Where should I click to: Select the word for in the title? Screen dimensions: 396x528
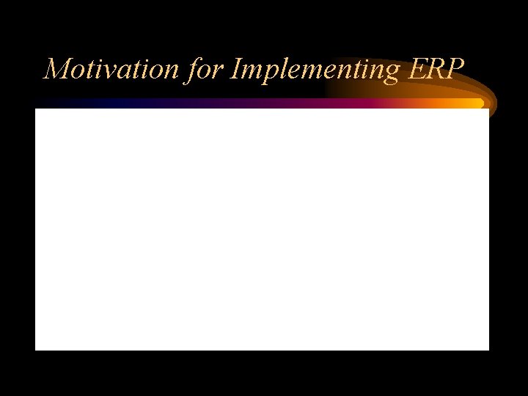coord(205,69)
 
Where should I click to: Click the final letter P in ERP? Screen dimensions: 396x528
coord(455,69)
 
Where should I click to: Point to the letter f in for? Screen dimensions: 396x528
coord(193,70)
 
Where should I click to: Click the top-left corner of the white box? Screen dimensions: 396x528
coord(36,109)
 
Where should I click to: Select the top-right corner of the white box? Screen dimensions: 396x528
coord(488,109)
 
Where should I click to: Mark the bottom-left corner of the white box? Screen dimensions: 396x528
coord(36,349)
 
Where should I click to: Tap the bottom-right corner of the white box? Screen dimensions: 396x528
coord(488,349)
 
